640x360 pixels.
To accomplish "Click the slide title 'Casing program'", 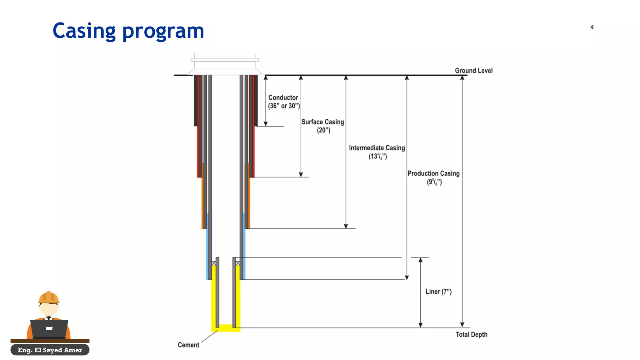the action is coord(128,31).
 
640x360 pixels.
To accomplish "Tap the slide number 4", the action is coord(592,27).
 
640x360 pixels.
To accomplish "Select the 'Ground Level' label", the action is coord(473,71).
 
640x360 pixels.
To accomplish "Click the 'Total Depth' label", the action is coord(471,334).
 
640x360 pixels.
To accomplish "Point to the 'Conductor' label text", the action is coord(283,97).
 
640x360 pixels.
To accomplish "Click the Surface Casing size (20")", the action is coord(323,130).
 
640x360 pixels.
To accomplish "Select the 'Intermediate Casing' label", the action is coord(377,148).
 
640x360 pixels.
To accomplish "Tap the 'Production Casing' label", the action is coord(433,173).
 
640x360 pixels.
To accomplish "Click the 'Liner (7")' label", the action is coord(438,292).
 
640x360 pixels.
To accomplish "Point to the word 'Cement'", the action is coord(188,345).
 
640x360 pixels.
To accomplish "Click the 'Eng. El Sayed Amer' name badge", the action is coord(50,350).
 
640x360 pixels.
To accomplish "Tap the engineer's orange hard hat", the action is coord(49,297).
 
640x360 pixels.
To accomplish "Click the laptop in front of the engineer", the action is coord(49,329).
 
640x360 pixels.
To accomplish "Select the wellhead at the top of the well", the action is coord(225,66).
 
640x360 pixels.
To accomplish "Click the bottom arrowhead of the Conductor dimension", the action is coord(266,124).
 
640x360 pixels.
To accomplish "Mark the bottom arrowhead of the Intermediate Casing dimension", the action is coord(346,226).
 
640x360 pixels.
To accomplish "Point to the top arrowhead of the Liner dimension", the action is coord(421,260).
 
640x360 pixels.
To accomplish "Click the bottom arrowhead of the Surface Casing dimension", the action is coord(301,175).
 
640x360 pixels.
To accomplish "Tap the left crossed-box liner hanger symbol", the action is coord(214,263).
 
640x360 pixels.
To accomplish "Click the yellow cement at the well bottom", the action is coord(226,328).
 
